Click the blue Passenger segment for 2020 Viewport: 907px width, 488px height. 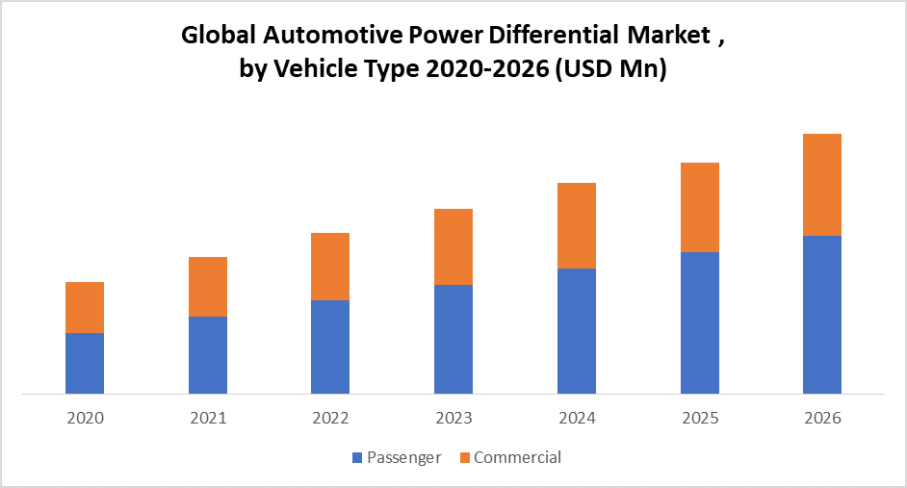85,363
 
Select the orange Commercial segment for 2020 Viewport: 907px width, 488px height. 85,307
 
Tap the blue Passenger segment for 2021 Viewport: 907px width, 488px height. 208,354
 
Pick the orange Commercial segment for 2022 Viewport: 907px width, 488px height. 330,267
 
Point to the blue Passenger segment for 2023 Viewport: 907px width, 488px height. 453,339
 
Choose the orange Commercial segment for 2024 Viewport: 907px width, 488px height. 577,225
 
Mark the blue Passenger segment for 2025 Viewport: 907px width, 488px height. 700,322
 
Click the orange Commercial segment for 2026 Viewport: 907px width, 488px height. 822,185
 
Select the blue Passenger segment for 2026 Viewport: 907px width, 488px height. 822,314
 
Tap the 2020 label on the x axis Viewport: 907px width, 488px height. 85,419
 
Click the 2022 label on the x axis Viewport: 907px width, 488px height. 330,419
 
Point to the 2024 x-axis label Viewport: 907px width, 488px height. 577,419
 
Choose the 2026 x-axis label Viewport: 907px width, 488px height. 822,419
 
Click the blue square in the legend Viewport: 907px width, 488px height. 358,458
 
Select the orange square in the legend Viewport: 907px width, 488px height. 465,458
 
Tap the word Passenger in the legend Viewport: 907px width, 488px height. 404,458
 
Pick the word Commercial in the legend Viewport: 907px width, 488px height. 517,458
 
